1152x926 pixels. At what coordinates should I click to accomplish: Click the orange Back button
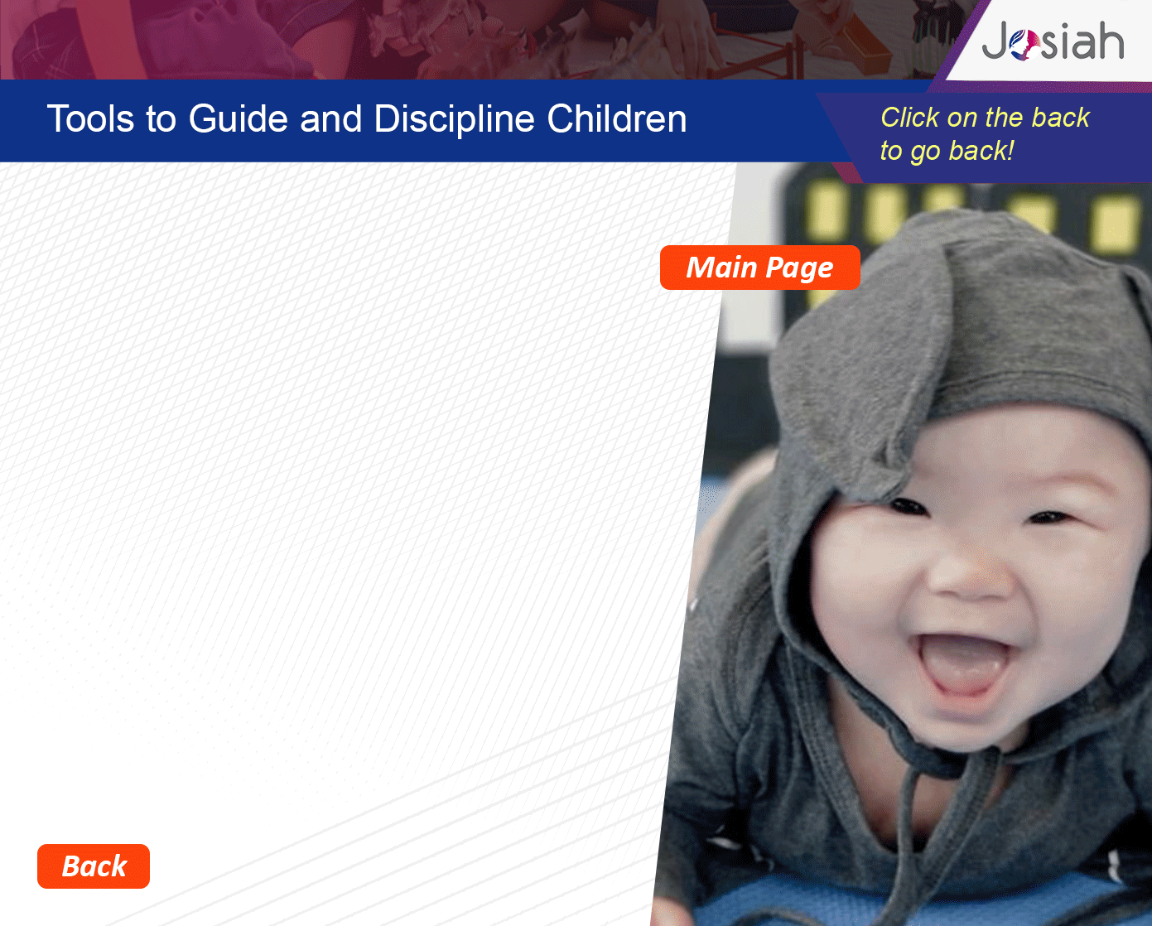93,866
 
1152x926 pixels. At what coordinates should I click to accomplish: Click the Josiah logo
1053,41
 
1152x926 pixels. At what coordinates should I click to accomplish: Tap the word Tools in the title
90,118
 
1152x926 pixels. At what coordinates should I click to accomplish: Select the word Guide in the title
239,118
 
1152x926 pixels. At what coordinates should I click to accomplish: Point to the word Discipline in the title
454,119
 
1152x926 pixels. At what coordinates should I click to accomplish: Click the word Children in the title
617,118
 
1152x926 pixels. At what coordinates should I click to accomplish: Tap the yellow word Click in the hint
910,118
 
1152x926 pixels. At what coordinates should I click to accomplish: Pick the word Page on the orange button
799,268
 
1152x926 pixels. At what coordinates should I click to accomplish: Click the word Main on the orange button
721,267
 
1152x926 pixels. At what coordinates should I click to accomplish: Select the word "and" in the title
330,118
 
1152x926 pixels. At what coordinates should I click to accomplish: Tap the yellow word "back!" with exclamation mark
981,151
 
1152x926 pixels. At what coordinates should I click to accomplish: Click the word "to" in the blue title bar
161,119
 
